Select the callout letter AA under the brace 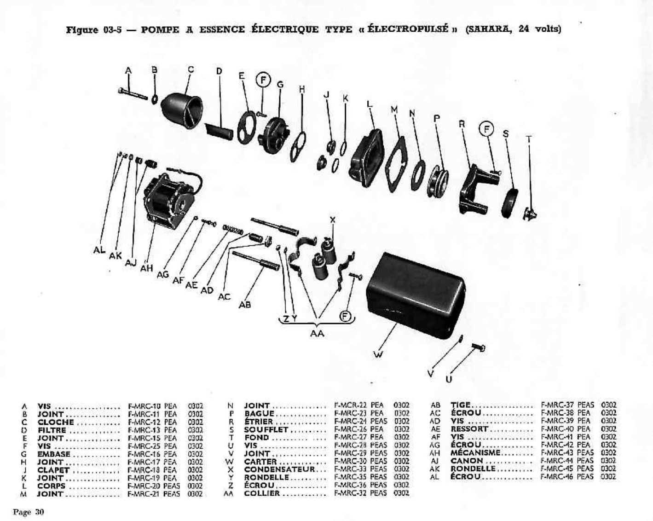pyautogui.click(x=317, y=333)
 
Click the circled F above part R pyautogui.click(x=486, y=129)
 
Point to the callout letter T pyautogui.click(x=528, y=139)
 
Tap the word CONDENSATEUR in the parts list pyautogui.click(x=279, y=469)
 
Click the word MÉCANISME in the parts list pyautogui.click(x=475, y=453)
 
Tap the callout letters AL pyautogui.click(x=99, y=250)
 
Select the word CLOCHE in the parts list pyautogui.click(x=56, y=422)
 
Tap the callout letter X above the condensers pyautogui.click(x=333, y=220)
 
